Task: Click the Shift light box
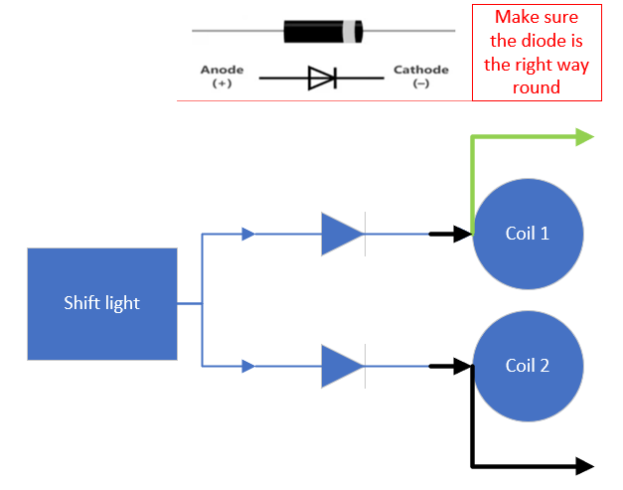tap(101, 304)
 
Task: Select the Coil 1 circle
tap(527, 235)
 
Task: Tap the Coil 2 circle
tap(527, 366)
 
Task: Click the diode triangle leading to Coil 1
tap(341, 235)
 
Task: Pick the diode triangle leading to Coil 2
tap(341, 366)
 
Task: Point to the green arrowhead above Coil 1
tap(583, 137)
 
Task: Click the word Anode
tap(222, 71)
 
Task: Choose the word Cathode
tap(420, 71)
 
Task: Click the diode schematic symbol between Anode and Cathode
tap(322, 79)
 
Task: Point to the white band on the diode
tap(348, 32)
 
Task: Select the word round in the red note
tap(537, 87)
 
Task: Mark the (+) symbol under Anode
tap(222, 84)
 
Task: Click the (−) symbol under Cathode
tap(420, 84)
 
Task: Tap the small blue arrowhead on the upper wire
tap(248, 235)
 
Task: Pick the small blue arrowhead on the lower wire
tap(248, 366)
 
